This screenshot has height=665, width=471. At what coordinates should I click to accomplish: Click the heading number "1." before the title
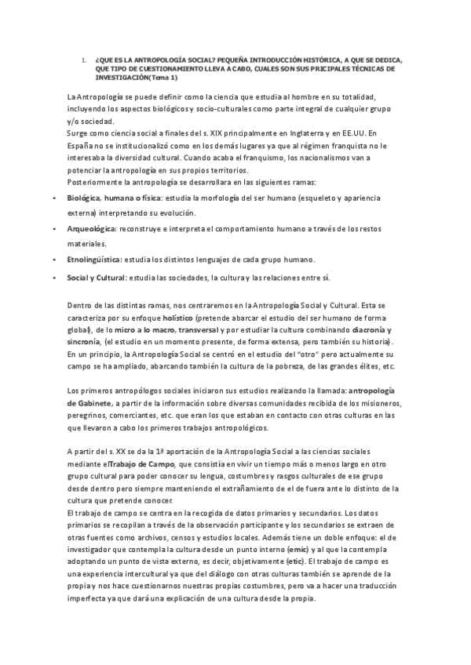coord(83,59)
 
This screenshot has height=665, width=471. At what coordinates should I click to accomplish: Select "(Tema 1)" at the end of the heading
coord(162,78)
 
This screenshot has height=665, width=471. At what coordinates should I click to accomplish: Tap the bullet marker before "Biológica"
coord(52,199)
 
